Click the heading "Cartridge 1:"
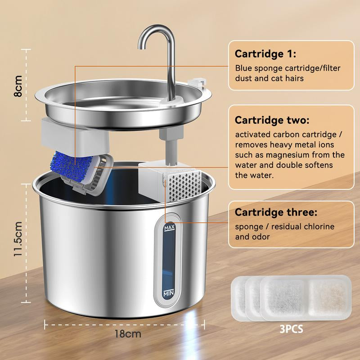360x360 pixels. click(x=265, y=54)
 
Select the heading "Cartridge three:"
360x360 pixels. click(x=276, y=212)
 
